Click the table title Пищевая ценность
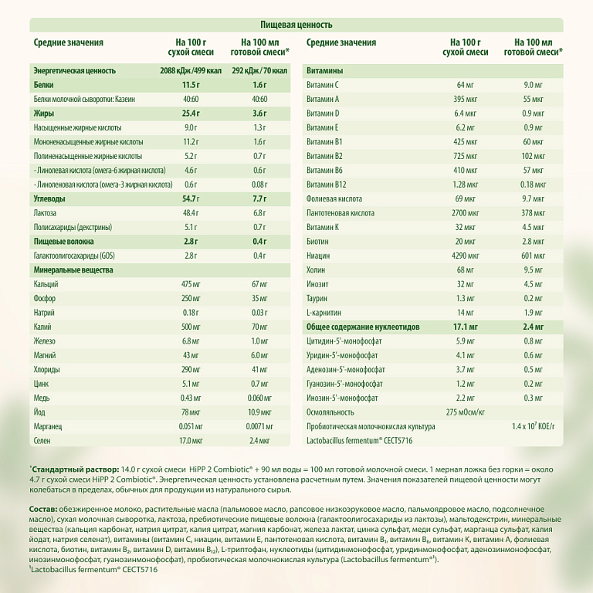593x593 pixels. pos(296,25)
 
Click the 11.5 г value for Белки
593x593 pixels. pos(191,85)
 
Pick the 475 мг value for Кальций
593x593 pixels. pos(191,284)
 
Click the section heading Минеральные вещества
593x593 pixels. pos(73,270)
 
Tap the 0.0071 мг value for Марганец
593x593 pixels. pos(259,426)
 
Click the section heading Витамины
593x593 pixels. pos(325,71)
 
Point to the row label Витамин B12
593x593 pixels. pos(329,184)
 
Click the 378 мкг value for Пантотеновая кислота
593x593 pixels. pos(533,212)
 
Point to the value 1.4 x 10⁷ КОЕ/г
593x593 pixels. pos(533,426)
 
